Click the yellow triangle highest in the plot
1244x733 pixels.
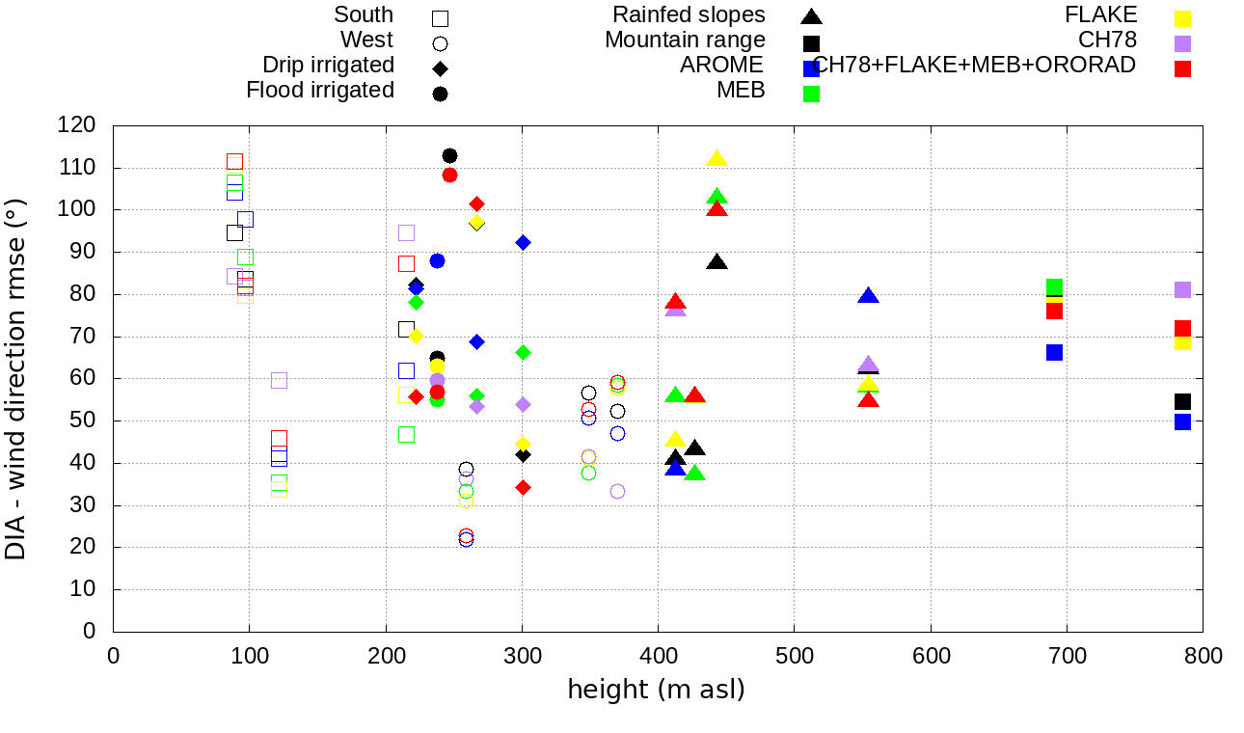click(x=717, y=159)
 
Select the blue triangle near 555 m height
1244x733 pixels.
click(x=868, y=296)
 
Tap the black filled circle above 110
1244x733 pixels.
click(x=449, y=156)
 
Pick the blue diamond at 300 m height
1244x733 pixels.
click(x=523, y=242)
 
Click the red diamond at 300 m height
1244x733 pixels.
click(x=523, y=487)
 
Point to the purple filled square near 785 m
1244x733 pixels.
click(x=1182, y=290)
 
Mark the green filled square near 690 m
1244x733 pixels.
click(x=1054, y=287)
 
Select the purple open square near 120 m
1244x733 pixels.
click(x=279, y=380)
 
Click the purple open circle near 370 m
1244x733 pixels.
click(x=617, y=491)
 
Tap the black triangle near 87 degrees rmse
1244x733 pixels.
click(x=717, y=262)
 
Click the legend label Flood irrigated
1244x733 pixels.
click(x=320, y=91)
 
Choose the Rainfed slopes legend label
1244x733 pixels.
click(x=690, y=15)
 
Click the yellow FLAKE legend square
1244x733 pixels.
click(x=1183, y=18)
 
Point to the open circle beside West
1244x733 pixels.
click(x=441, y=43)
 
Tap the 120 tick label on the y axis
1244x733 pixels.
click(x=77, y=125)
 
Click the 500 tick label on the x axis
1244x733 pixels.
click(x=795, y=656)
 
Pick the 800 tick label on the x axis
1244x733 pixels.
click(x=1203, y=656)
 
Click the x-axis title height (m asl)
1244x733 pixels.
click(x=656, y=691)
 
